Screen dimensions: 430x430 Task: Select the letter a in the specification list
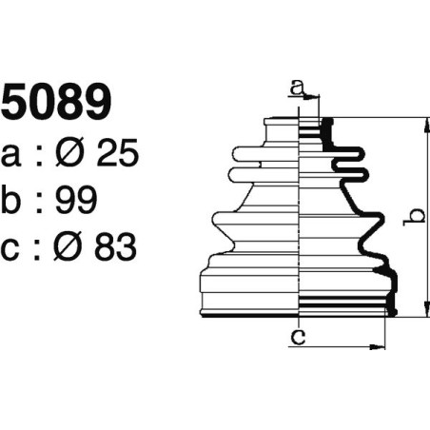tap(12, 154)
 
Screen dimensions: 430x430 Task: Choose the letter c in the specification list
tap(12, 247)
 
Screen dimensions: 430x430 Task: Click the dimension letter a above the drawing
tap(298, 88)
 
